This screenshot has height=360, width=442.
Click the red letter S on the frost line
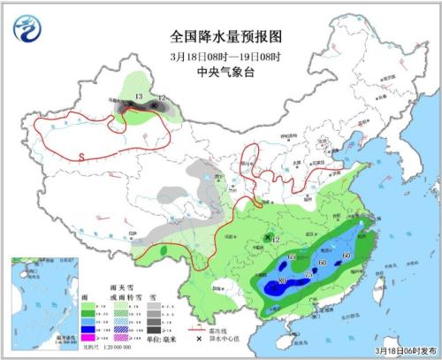coord(80,157)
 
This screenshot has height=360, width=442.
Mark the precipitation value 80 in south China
coord(283,282)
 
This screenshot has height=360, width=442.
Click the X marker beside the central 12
coord(267,239)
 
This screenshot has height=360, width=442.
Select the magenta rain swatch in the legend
coord(88,338)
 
